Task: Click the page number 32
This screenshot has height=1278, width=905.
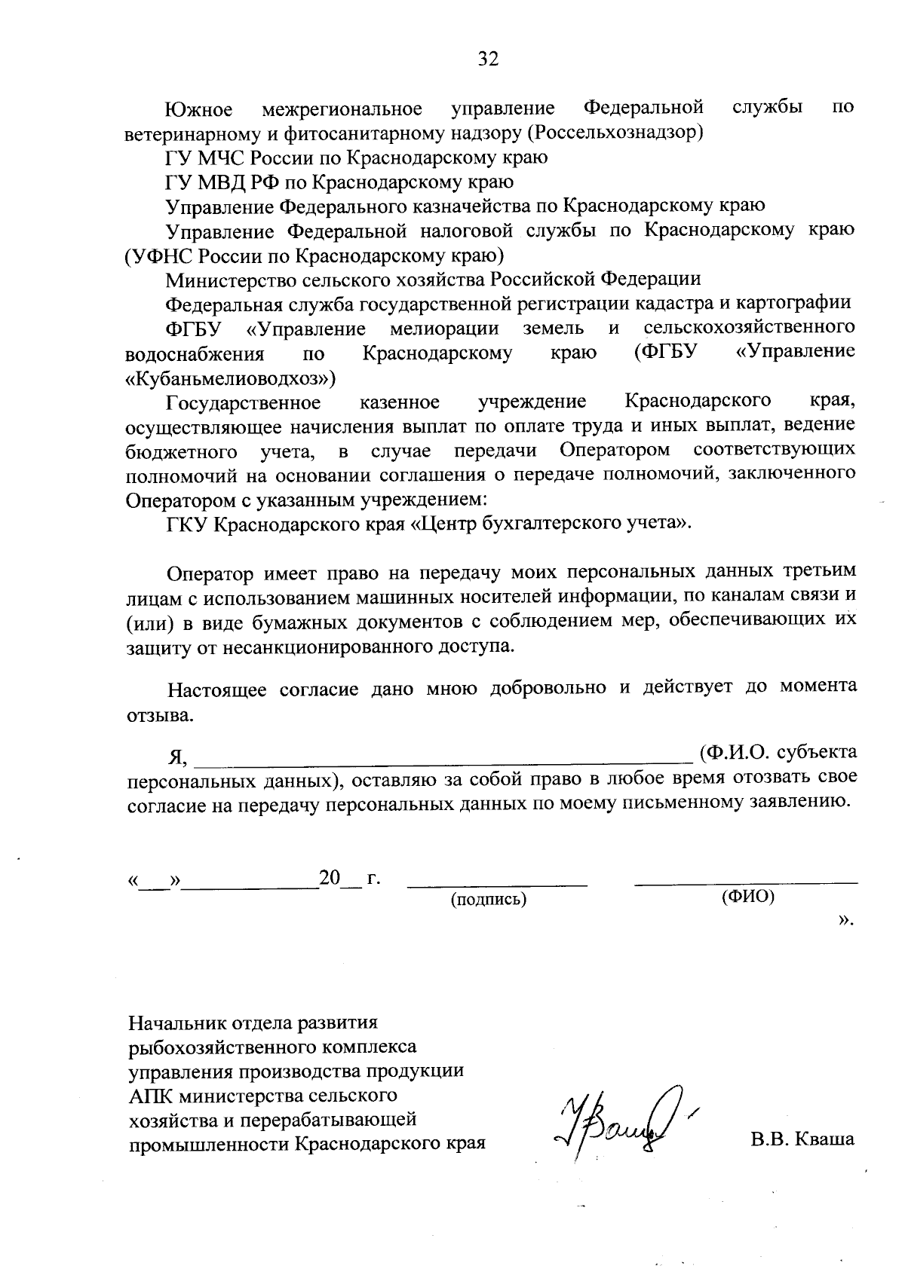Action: pos(488,59)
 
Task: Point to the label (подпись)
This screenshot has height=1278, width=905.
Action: pos(488,899)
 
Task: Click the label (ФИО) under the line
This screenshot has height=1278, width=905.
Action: pos(747,897)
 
